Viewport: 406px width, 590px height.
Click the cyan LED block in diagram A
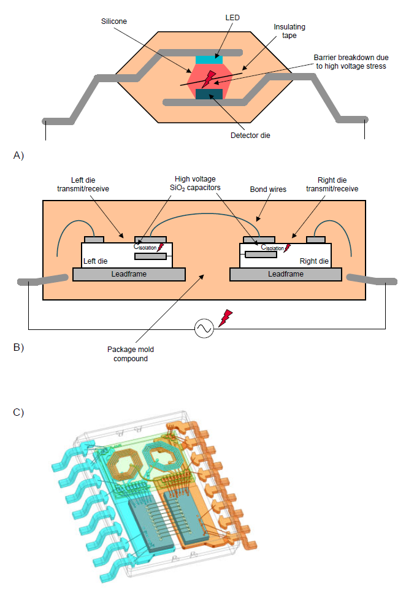coord(209,60)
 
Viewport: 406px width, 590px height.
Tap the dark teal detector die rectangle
coord(209,94)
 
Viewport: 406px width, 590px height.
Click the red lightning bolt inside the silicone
coord(209,79)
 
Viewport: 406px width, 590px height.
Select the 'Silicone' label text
coord(113,21)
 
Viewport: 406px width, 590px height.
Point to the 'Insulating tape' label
coord(289,31)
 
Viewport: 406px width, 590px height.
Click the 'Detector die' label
coord(250,136)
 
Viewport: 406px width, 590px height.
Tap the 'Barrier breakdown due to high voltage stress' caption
coord(351,62)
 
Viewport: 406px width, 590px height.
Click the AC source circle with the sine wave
coord(204,328)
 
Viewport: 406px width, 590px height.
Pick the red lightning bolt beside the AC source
coord(225,318)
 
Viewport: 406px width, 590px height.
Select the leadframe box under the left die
coord(129,274)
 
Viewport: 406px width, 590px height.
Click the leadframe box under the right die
coord(286,274)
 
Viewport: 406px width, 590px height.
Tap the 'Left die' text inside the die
coord(95,261)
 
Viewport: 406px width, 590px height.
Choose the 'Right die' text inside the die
coord(314,261)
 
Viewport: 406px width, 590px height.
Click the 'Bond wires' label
coord(268,190)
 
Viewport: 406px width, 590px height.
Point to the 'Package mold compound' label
coord(131,354)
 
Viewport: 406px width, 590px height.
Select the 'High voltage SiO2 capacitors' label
coord(195,183)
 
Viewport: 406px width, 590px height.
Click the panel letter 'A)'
coord(18,155)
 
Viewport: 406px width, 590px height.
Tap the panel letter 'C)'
coord(18,412)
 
